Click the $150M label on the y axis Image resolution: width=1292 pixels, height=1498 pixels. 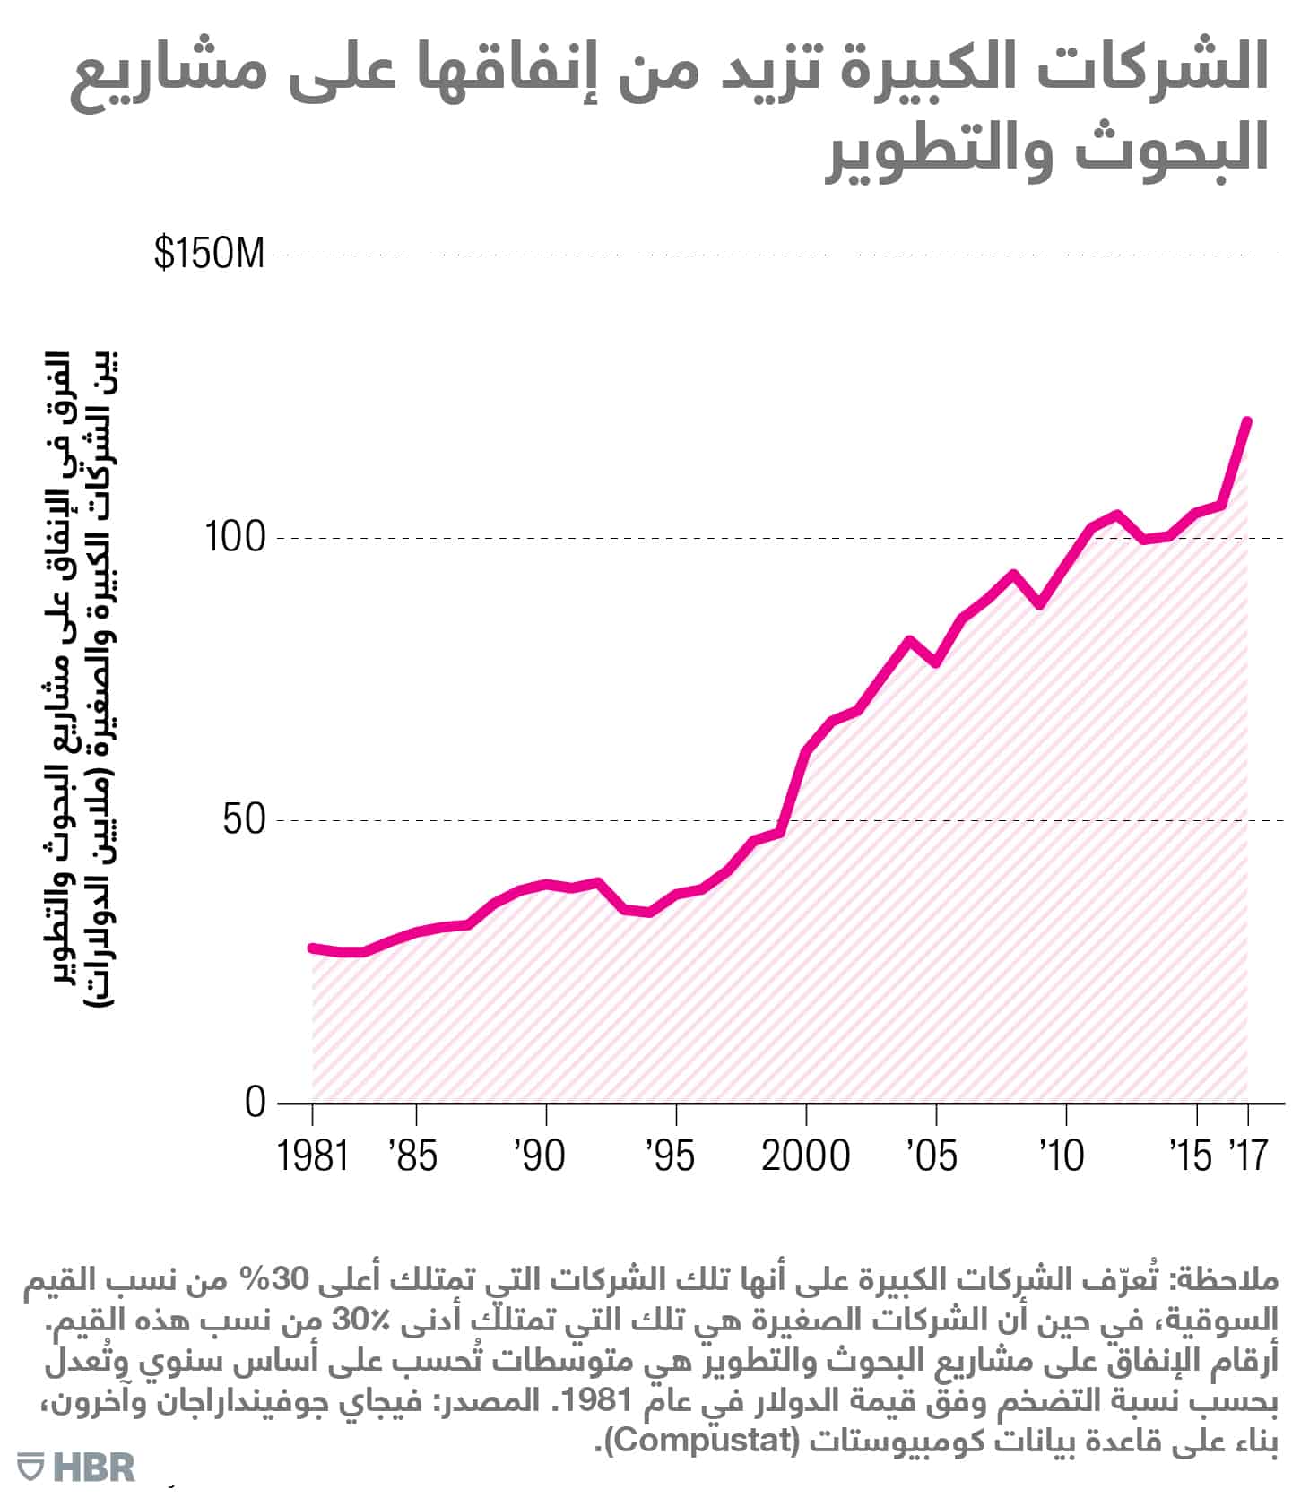210,254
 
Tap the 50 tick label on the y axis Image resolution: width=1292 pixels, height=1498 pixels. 245,819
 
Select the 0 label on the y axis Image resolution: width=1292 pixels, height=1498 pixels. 256,1102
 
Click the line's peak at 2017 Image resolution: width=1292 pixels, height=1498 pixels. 1246,420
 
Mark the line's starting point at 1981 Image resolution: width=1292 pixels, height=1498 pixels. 312,948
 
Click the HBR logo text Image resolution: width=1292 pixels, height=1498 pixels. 93,1468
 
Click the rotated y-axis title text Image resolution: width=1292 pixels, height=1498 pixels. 85,677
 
